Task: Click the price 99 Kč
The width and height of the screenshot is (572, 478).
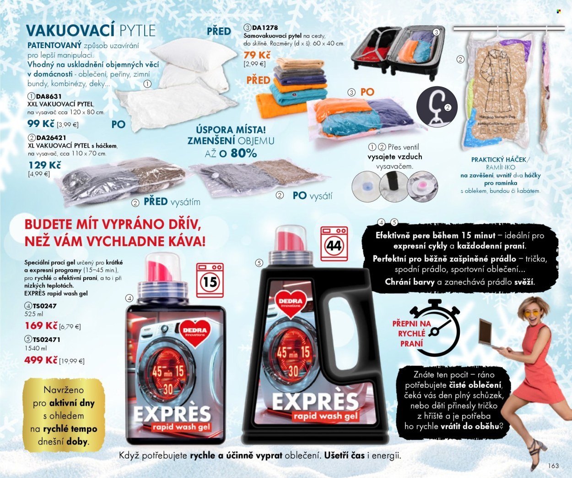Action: click(x=40, y=123)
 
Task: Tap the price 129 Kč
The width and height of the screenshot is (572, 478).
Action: click(x=44, y=165)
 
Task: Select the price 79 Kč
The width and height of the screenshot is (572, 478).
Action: click(x=257, y=55)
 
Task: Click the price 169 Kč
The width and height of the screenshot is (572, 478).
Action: click(x=41, y=326)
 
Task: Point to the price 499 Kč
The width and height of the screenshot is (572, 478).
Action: click(x=41, y=360)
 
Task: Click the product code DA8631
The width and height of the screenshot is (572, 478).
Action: click(x=49, y=97)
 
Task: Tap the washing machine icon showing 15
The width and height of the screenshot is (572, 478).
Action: click(x=210, y=280)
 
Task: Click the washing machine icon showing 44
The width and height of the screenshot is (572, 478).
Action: click(x=334, y=244)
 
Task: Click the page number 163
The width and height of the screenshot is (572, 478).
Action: click(x=553, y=466)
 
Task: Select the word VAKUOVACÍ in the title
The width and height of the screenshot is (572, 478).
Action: click(x=70, y=31)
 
